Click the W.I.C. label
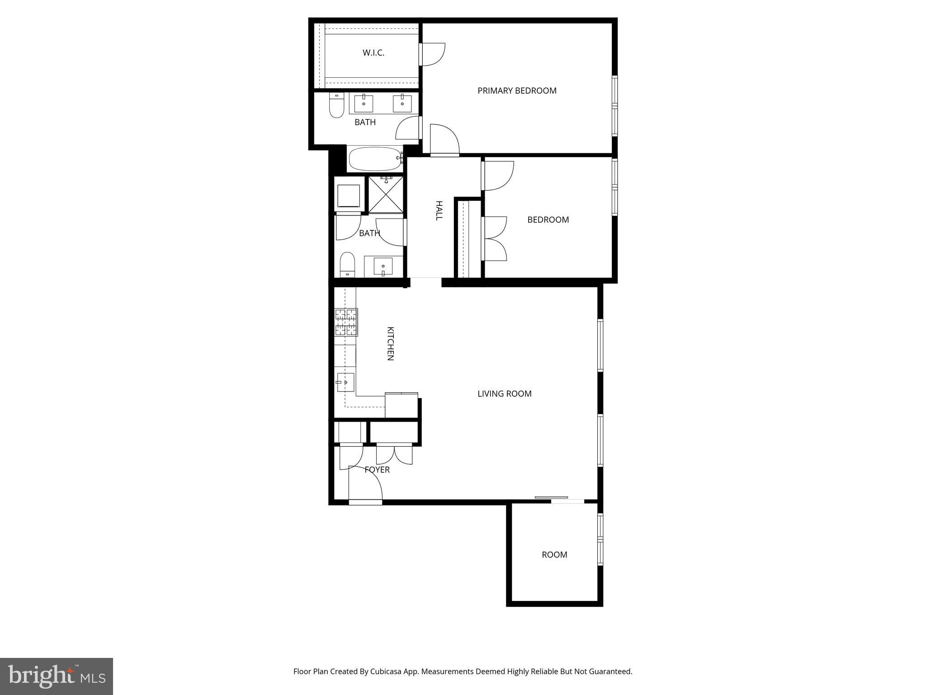click(373, 53)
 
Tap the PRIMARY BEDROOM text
click(517, 91)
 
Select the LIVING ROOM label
click(504, 394)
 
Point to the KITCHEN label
click(391, 343)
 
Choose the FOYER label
click(377, 470)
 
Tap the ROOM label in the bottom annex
click(554, 555)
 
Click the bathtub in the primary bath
click(375, 158)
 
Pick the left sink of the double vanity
click(364, 104)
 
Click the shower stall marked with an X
click(386, 195)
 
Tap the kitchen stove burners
click(346, 322)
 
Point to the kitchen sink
click(345, 382)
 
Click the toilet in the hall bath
click(347, 264)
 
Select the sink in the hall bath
click(383, 267)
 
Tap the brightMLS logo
click(57, 676)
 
